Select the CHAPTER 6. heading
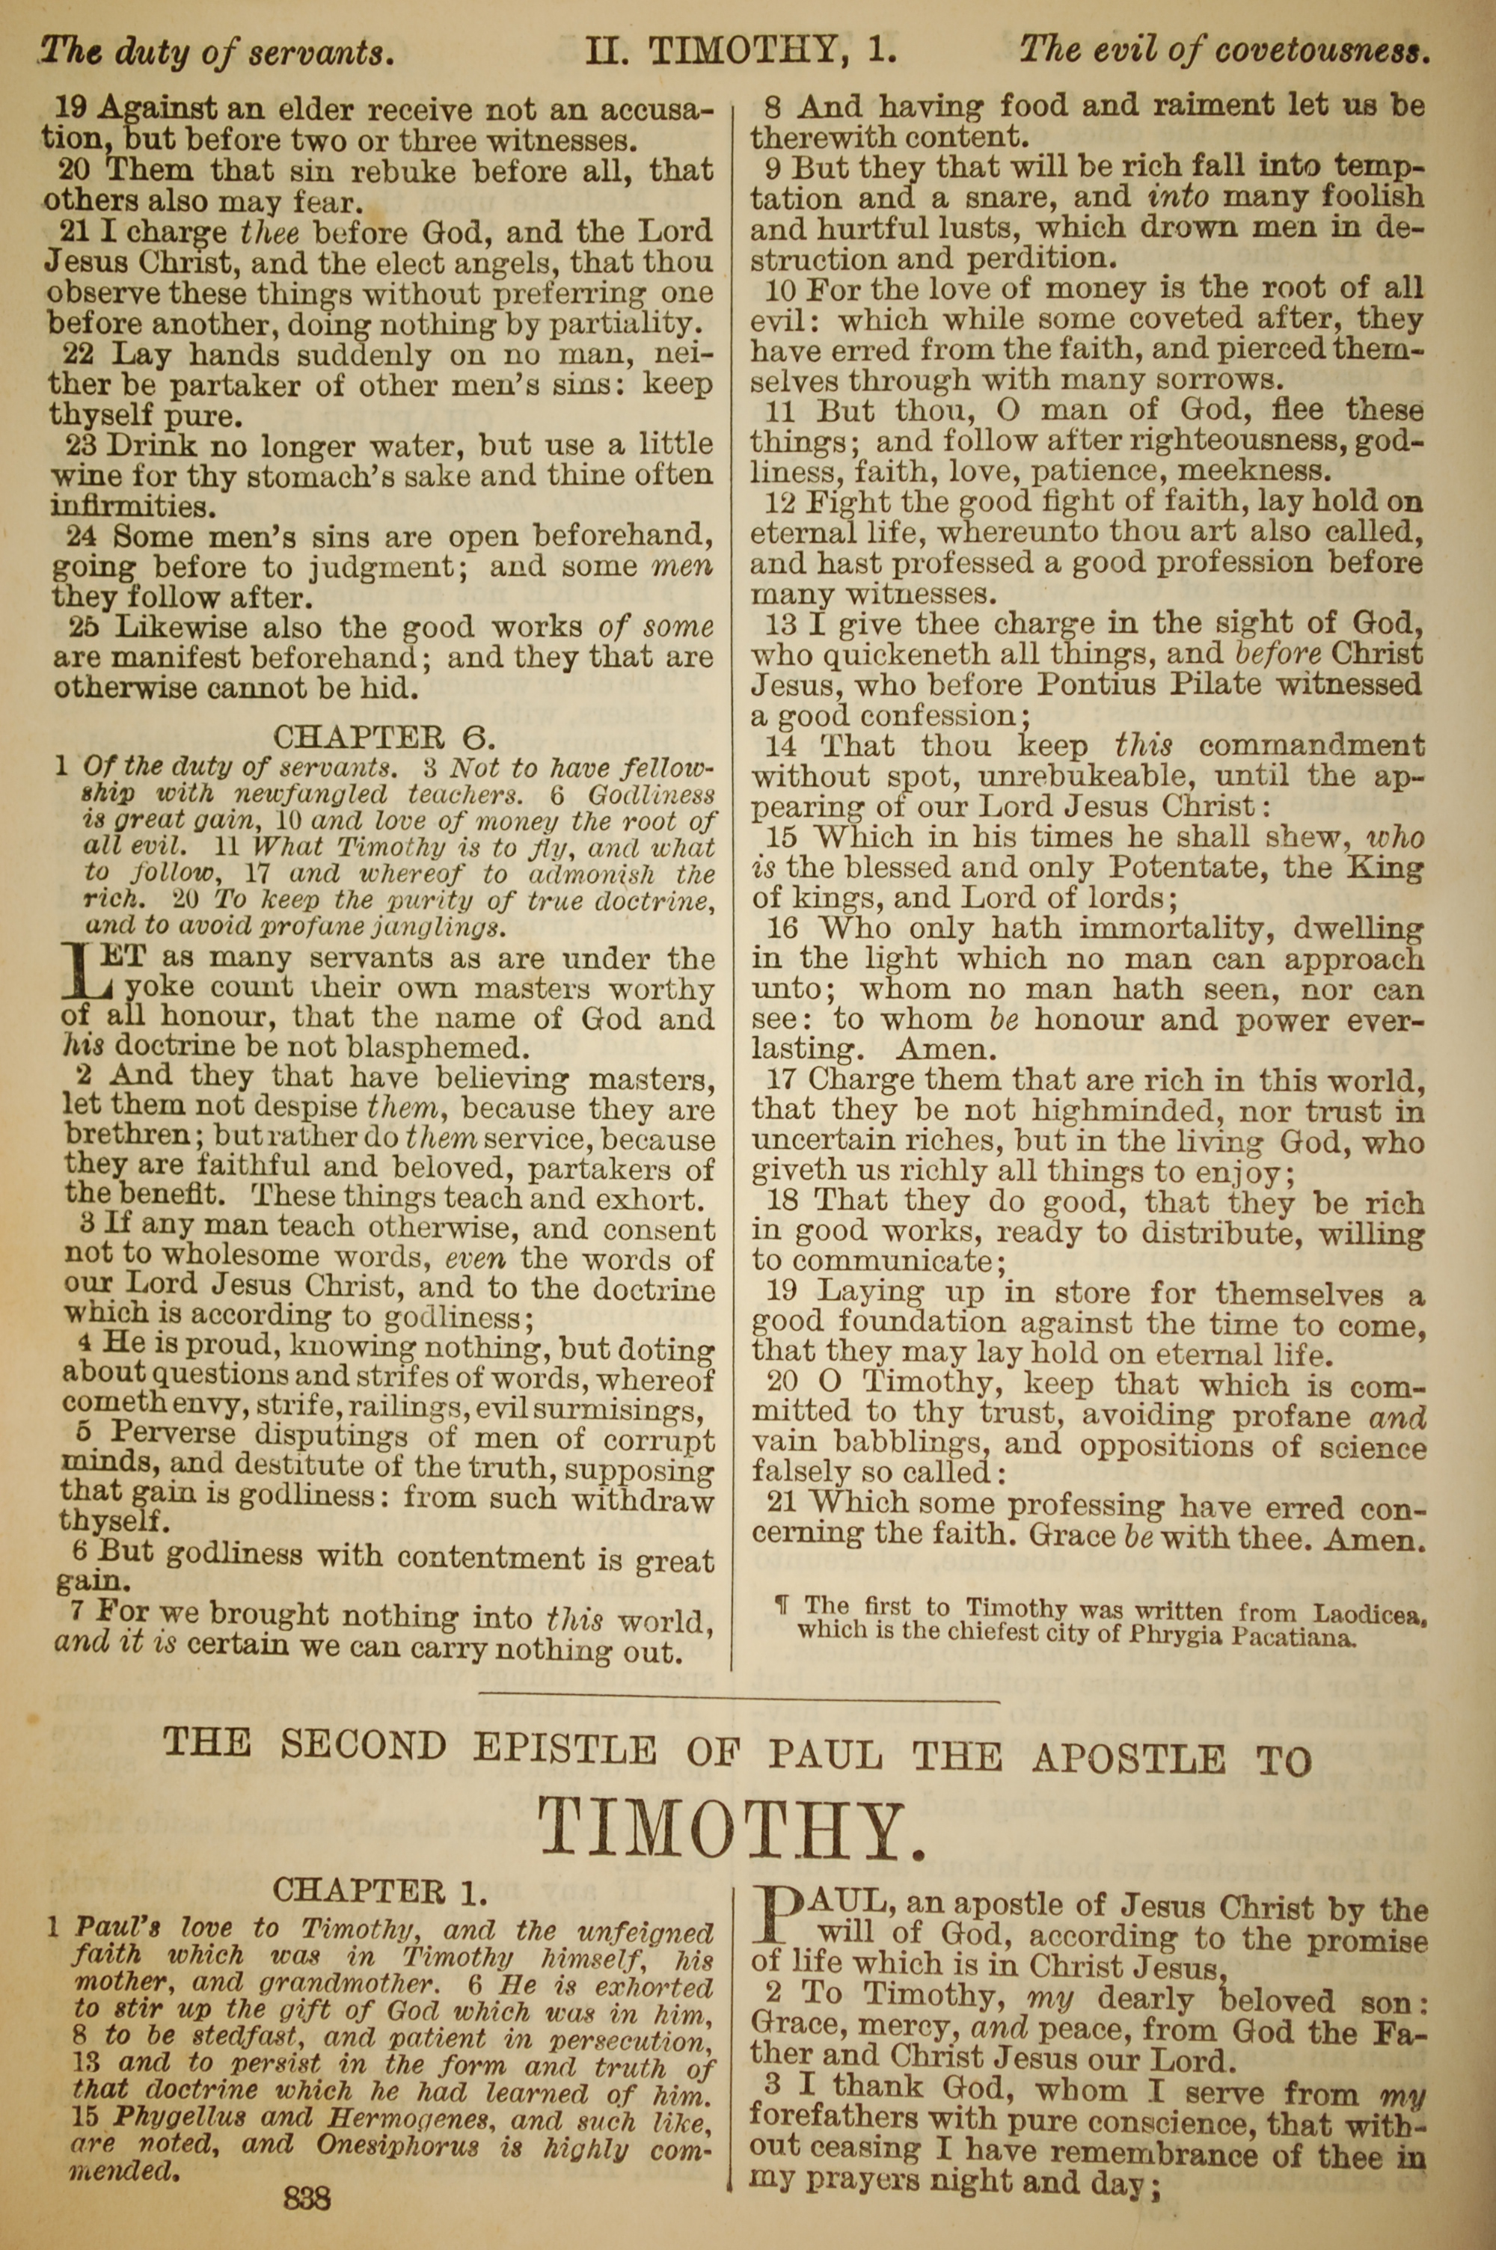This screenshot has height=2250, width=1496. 384,736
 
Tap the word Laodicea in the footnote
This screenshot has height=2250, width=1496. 1368,1613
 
